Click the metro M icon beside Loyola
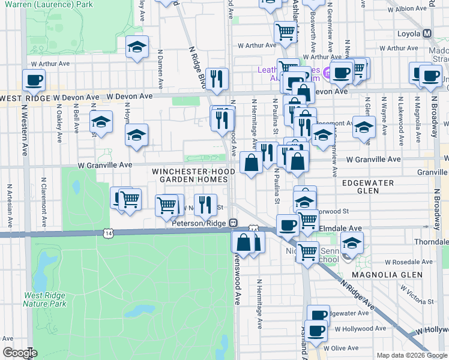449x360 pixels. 428,34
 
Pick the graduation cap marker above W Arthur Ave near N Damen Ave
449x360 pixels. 137,47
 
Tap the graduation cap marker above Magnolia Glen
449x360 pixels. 351,243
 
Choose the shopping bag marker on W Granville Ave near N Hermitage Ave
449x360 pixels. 250,162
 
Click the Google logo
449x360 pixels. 20,353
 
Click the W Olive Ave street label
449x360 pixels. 340,347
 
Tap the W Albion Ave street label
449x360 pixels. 407,10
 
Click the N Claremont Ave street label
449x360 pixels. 44,199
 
